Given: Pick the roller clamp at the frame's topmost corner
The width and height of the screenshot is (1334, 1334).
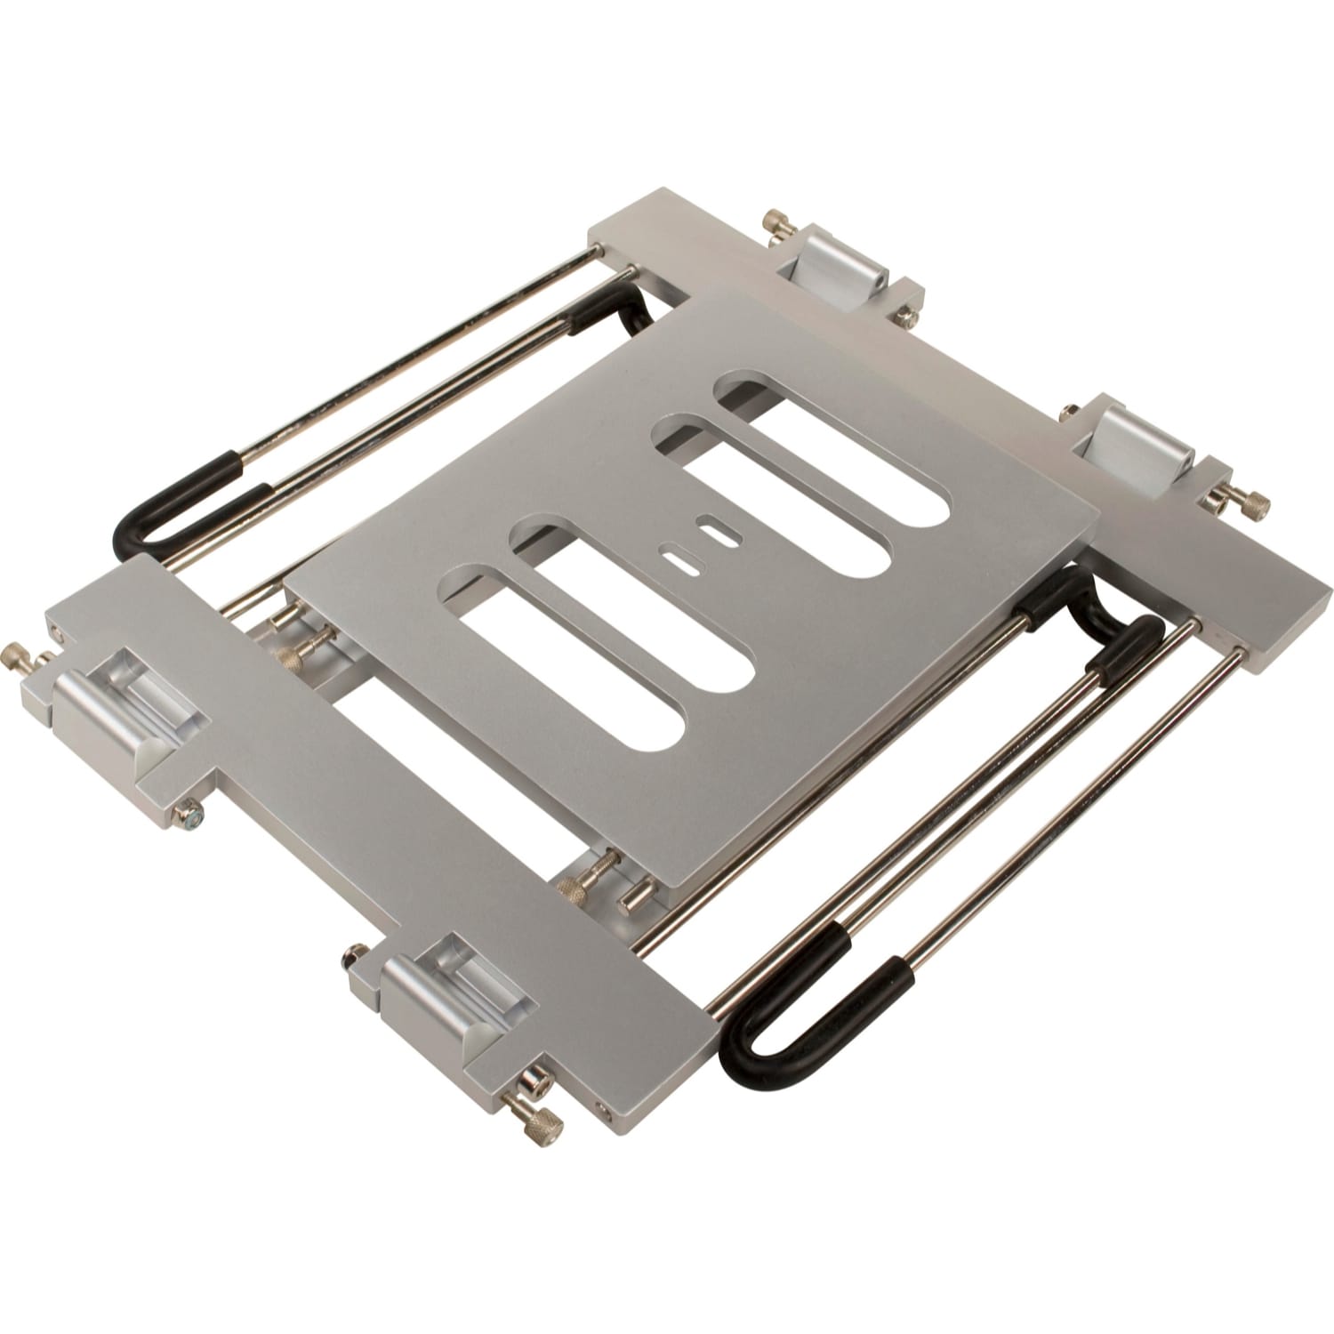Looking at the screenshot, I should point(832,267).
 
